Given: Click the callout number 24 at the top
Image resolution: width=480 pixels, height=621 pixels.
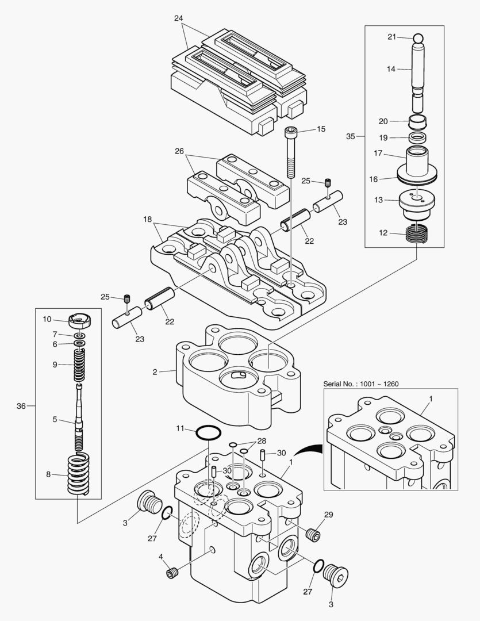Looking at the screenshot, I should tap(178, 18).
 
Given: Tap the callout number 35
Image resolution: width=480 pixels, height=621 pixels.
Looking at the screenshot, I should tap(351, 136).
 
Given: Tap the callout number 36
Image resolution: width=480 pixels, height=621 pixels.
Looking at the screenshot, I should tap(21, 406).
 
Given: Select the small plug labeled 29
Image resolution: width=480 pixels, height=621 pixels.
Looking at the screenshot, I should tap(313, 535).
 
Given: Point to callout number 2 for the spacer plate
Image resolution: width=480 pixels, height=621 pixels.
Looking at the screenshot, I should tap(155, 372).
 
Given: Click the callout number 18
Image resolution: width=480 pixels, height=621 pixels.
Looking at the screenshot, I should tap(147, 219).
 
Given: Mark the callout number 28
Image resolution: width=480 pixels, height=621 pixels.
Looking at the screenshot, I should tap(262, 440).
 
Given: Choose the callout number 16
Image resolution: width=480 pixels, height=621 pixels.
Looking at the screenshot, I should tap(374, 179).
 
